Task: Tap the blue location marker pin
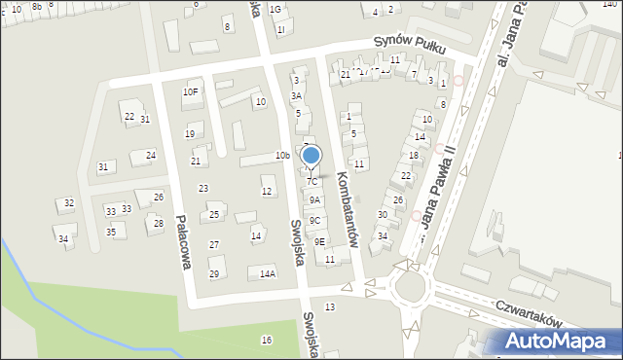pyautogui.click(x=311, y=157)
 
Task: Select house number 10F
pyautogui.click(x=191, y=92)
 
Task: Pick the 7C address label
pyautogui.click(x=312, y=181)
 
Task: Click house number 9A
pyautogui.click(x=314, y=199)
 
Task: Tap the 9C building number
pyautogui.click(x=314, y=221)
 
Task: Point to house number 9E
pyautogui.click(x=319, y=241)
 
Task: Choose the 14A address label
pyautogui.click(x=268, y=274)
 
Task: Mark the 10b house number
pyautogui.click(x=282, y=156)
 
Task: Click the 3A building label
pyautogui.click(x=296, y=96)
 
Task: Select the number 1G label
pyautogui.click(x=275, y=10)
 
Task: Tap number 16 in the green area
pyautogui.click(x=266, y=340)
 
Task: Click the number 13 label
pyautogui.click(x=330, y=307)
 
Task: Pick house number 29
pyautogui.click(x=214, y=273)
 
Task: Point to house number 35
pyautogui.click(x=112, y=232)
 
